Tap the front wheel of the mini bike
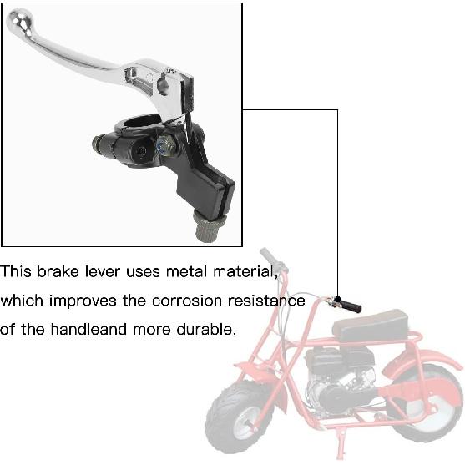[x=239, y=418]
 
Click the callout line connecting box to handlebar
[x=337, y=192]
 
